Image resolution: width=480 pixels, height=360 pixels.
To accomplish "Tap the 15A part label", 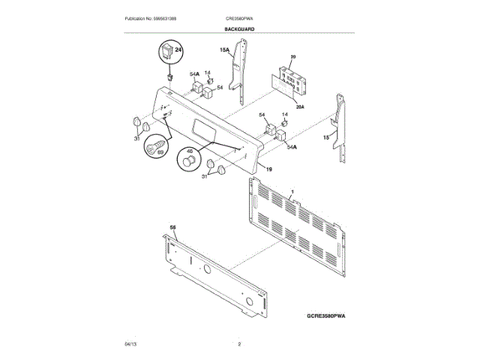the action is pyautogui.click(x=224, y=50).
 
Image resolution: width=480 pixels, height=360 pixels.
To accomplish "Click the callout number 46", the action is pyautogui.click(x=189, y=150).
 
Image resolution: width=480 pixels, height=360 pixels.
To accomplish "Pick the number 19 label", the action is pyautogui.click(x=268, y=170).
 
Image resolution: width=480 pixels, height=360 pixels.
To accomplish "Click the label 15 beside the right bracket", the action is pyautogui.click(x=325, y=138).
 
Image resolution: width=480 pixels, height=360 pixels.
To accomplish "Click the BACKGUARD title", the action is pyautogui.click(x=239, y=28).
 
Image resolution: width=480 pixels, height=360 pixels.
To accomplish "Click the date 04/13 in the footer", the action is pyautogui.click(x=130, y=343).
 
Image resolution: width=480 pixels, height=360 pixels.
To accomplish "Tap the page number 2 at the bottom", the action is pyautogui.click(x=239, y=343).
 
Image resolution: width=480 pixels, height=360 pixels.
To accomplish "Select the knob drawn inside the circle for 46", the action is pyautogui.click(x=187, y=161).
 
